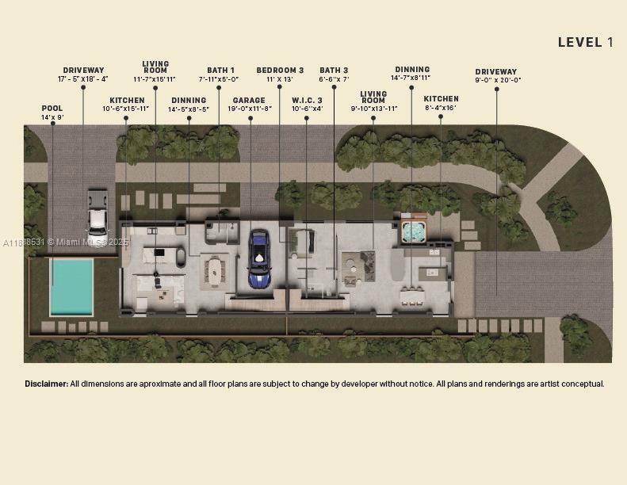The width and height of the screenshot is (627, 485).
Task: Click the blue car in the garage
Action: tap(258, 259)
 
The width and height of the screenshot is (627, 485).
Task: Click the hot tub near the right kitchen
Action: tap(413, 231)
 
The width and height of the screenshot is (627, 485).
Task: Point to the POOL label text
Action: tap(52, 109)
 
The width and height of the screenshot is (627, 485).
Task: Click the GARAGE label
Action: tap(249, 101)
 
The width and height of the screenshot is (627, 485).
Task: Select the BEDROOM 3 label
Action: tap(280, 71)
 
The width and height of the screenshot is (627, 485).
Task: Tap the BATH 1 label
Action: tap(220, 71)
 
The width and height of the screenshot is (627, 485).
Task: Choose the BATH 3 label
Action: tap(334, 71)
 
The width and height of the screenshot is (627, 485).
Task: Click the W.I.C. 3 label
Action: tap(307, 101)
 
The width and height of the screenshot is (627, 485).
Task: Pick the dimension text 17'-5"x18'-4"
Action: tap(82, 79)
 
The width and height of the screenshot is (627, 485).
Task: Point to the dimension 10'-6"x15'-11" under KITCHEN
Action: tap(126, 109)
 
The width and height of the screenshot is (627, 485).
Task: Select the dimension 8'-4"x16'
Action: tap(440, 108)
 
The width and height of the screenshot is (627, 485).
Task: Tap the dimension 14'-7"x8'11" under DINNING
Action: tap(411, 78)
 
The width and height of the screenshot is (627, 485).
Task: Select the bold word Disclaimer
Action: tap(46, 384)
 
